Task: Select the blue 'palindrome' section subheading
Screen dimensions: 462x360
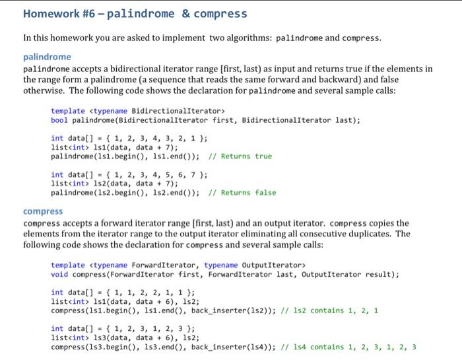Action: [x=47, y=57]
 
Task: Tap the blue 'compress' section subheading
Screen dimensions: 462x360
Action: [x=43, y=211]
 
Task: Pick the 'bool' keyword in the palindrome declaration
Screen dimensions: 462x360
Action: [x=59, y=120]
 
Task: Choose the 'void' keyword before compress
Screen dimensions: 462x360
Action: [x=59, y=274]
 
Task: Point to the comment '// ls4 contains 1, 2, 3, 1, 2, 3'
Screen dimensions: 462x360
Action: [x=349, y=347]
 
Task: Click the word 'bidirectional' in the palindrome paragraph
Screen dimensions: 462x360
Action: [x=144, y=69]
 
